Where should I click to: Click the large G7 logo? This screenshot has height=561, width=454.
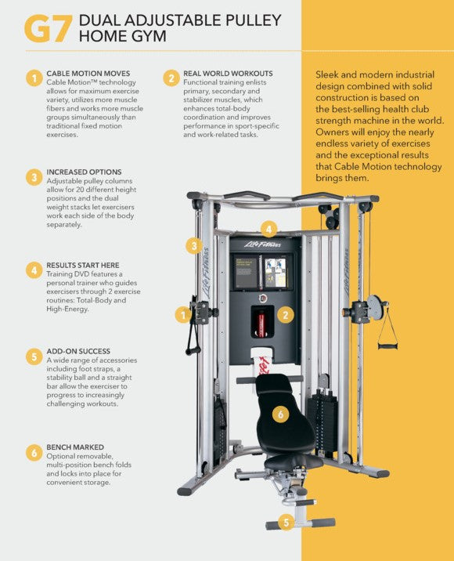coord(49,27)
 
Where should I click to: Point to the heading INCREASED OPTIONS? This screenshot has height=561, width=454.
coord(84,172)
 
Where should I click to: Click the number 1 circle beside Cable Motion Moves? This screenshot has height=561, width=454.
coord(34,78)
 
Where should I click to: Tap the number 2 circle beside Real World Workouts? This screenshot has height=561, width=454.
coord(171,78)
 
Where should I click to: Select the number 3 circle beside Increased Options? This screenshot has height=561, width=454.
coord(34,177)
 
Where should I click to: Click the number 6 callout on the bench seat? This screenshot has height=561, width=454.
coord(280,414)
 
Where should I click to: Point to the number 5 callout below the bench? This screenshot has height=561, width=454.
coord(286,522)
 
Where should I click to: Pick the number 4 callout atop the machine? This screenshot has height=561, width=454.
coord(269,230)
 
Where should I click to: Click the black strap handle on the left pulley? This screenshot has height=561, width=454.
coord(192,337)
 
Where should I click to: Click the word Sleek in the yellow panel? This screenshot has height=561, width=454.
coord(329,74)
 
